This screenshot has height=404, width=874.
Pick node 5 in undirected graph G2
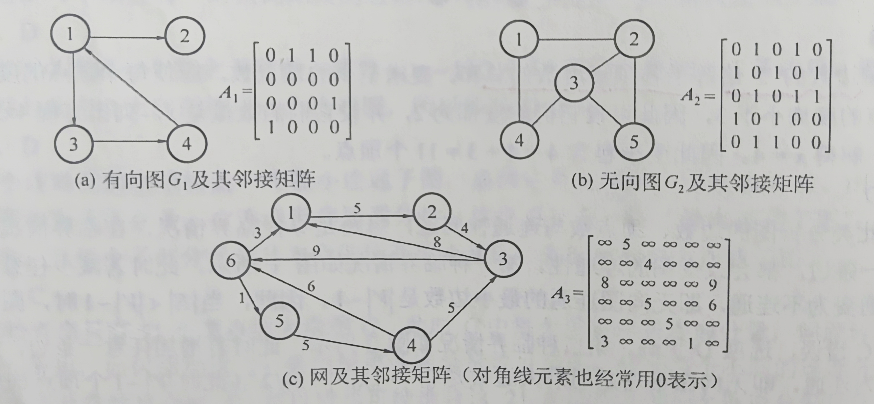pos(633,142)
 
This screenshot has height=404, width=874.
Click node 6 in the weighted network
pos(230,261)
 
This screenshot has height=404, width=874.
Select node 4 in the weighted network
pos(412,345)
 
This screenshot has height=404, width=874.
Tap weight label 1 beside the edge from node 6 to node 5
pos(242,298)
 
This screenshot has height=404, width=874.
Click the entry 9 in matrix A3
pos(712,284)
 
